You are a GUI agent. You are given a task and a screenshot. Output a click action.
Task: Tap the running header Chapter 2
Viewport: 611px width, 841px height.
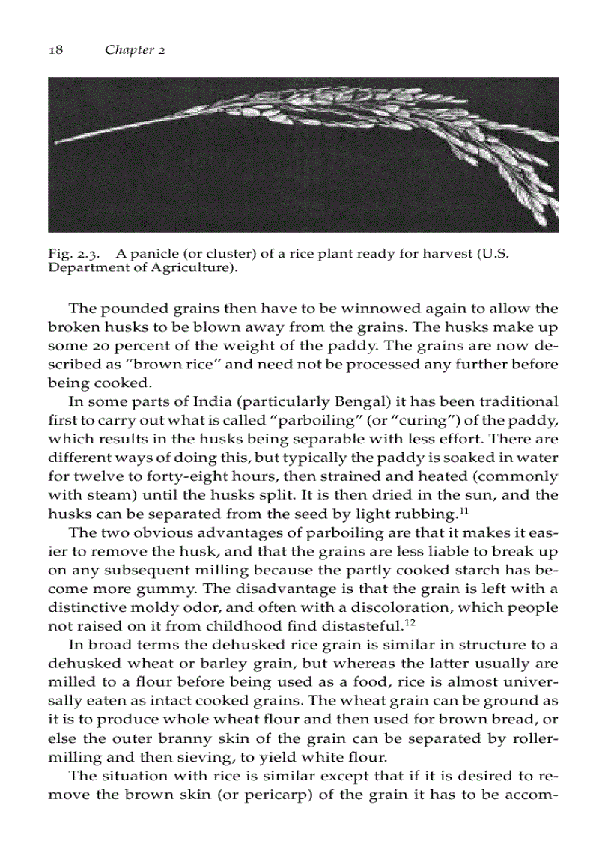135,50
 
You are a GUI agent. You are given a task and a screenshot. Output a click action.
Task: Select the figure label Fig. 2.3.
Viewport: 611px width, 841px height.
69,254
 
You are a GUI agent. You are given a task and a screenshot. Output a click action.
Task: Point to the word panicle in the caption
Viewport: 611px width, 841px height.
151,254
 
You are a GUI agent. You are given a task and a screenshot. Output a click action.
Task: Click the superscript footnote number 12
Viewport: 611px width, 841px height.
410,622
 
